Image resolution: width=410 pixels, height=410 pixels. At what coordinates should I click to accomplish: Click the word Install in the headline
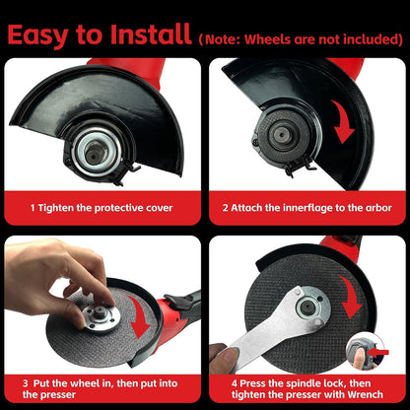151,34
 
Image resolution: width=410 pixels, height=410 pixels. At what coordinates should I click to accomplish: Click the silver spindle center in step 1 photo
96,152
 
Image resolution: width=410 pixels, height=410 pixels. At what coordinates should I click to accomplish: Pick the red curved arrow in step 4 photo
351,298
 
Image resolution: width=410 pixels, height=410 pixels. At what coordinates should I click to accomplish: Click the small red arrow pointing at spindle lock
378,353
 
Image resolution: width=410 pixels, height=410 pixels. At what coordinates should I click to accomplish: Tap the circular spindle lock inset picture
366,351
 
